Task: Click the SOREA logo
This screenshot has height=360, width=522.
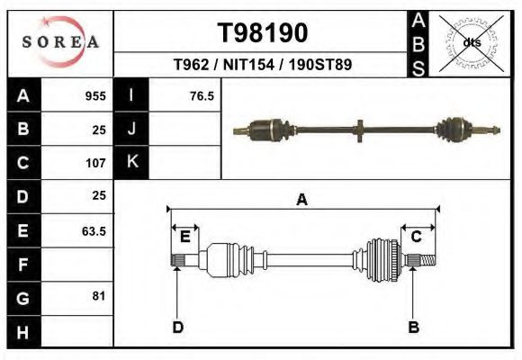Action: pos(60,42)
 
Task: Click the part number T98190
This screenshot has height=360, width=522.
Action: pos(263,33)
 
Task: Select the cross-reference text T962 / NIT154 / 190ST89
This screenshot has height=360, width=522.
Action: pos(262,65)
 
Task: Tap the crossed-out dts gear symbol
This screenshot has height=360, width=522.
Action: pos(471,42)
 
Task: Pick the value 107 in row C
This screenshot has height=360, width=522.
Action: pos(95,164)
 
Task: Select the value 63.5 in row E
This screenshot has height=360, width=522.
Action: pos(94,231)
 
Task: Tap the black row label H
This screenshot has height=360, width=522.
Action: pos(23,333)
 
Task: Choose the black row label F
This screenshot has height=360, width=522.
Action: pos(23,265)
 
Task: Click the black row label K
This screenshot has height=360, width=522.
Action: pos(131,162)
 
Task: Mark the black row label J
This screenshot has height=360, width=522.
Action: pos(131,129)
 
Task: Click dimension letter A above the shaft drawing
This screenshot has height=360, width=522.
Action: pos(302,200)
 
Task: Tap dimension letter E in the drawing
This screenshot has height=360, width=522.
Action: pos(185,237)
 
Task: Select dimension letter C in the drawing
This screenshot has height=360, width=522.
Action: pos(417,237)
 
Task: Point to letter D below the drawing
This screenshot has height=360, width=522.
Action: pos(178,327)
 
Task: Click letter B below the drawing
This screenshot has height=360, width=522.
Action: pos(414,327)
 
